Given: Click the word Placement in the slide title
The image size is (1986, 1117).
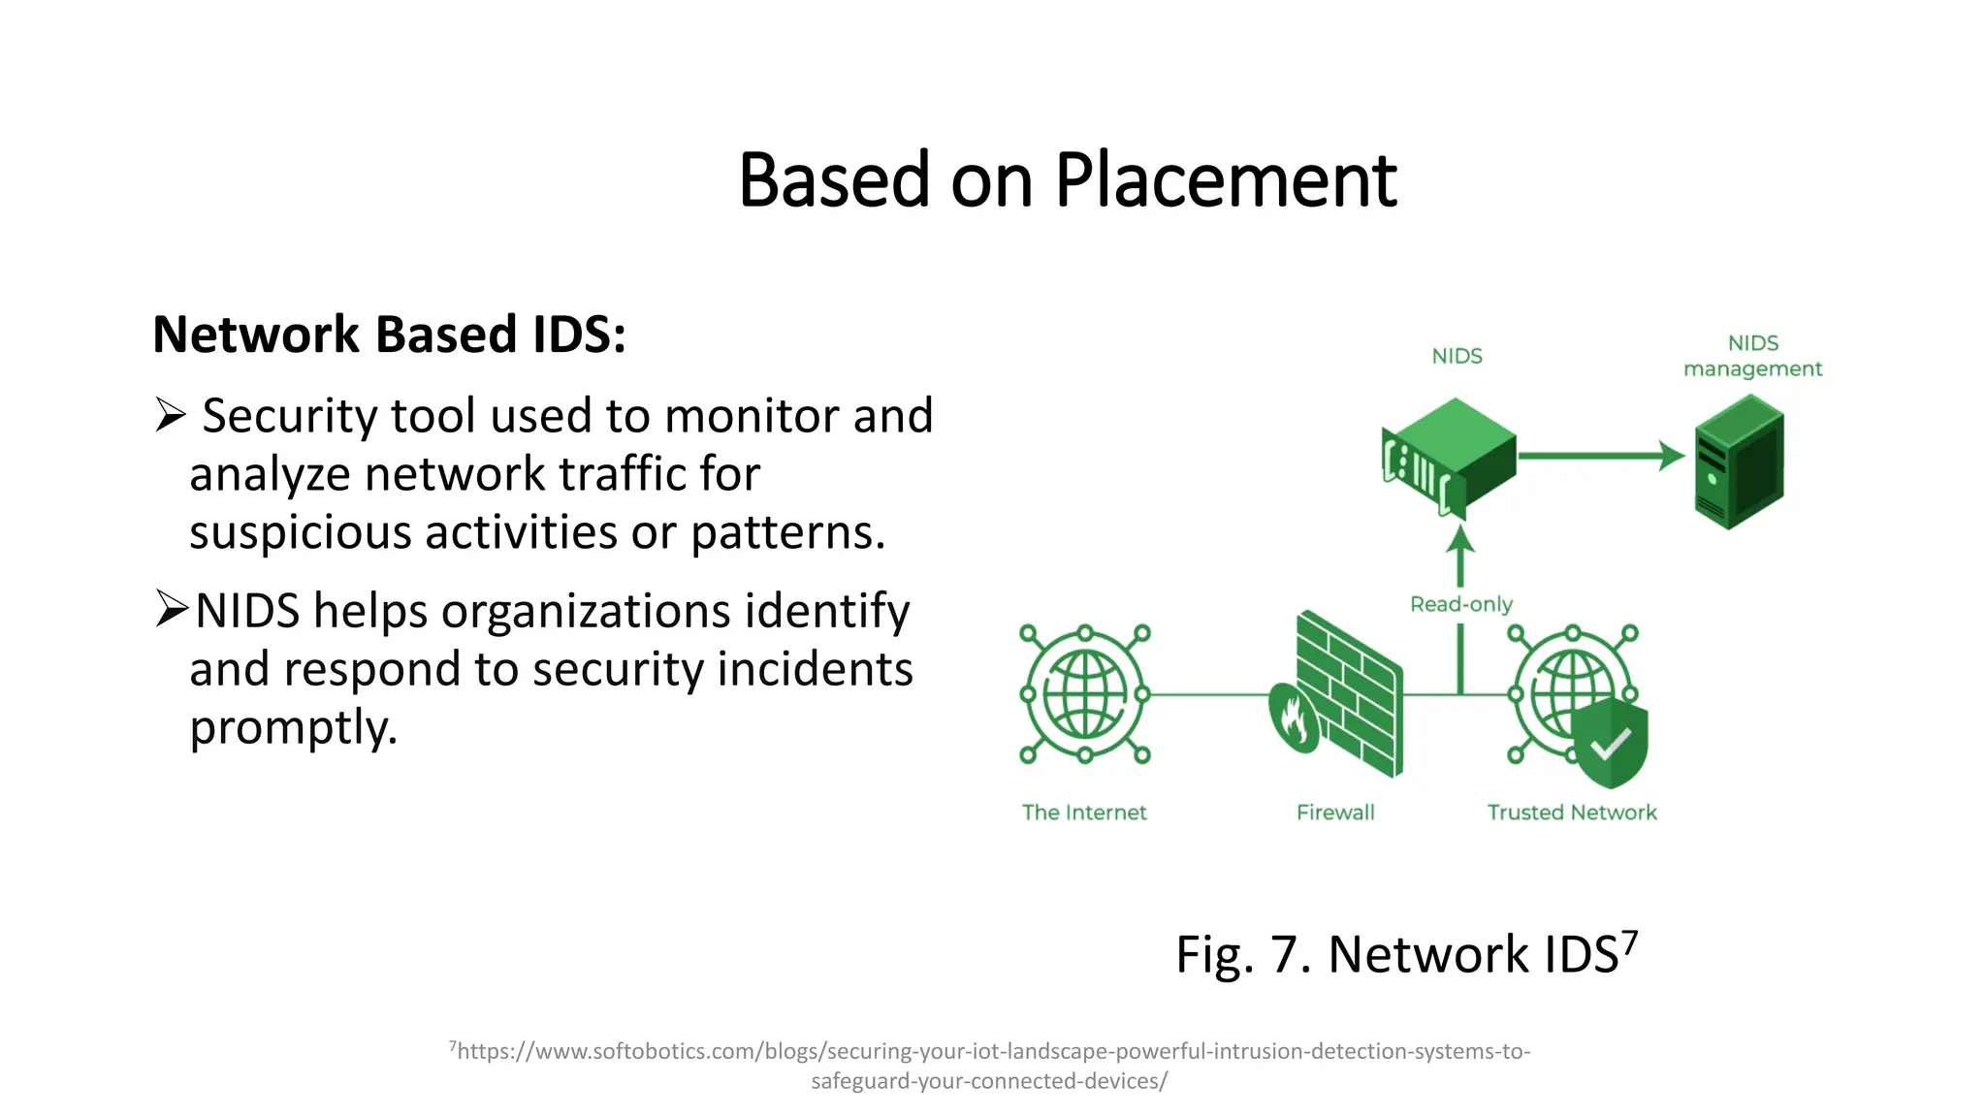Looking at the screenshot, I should (x=1226, y=181).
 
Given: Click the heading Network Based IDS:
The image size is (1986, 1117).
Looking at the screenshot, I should (x=389, y=335).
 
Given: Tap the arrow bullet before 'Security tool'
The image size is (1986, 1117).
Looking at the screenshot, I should (x=170, y=415).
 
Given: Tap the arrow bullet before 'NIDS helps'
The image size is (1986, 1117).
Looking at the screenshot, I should (x=171, y=609).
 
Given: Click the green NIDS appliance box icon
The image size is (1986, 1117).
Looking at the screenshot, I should (x=1450, y=454).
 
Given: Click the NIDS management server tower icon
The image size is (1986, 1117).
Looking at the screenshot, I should (x=1740, y=462).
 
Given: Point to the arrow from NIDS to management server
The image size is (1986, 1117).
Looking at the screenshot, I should (x=1600, y=455).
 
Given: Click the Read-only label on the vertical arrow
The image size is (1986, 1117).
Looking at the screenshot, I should (x=1460, y=604).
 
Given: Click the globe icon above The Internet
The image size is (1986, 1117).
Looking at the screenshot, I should (x=1084, y=694).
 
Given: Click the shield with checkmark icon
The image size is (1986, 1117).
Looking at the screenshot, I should (x=1610, y=743).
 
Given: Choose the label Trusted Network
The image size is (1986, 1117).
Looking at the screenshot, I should (x=1571, y=813).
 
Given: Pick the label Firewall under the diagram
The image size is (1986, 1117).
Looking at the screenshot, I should (x=1335, y=813).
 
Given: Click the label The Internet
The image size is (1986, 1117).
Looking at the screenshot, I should (x=1084, y=813).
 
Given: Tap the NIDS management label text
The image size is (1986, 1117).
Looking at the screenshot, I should (x=1752, y=356).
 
